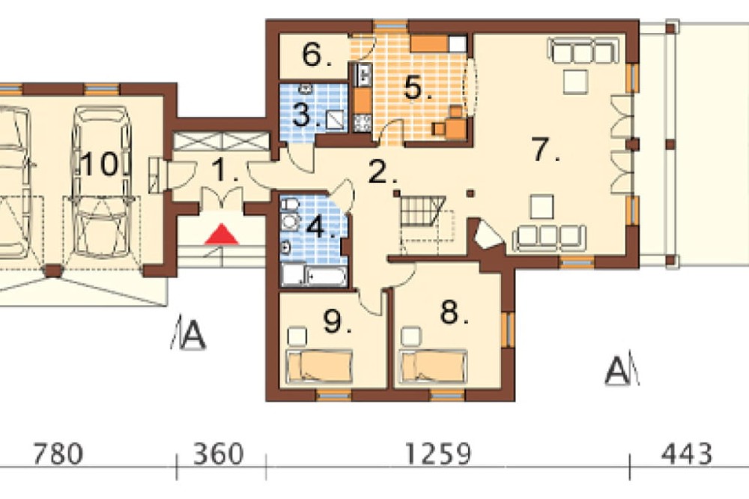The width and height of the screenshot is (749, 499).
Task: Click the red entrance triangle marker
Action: point(221,235)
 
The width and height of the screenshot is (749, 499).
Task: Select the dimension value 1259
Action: point(438,453)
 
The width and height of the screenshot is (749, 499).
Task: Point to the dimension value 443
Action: point(686,453)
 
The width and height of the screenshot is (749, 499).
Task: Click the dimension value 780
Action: point(58,453)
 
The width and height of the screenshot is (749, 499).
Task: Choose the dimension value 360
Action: point(218,453)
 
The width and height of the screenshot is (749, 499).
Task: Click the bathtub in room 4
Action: point(326,276)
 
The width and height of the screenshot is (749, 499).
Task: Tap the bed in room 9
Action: point(319,366)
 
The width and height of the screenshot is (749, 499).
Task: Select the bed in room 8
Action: point(433,366)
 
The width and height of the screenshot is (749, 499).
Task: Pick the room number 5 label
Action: point(416,88)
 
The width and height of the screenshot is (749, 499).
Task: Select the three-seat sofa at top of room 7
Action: point(583,52)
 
